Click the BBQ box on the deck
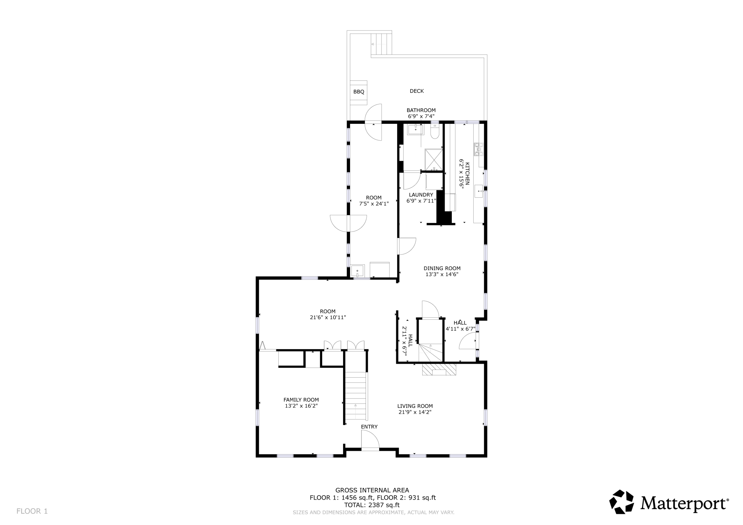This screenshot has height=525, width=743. click(x=359, y=93)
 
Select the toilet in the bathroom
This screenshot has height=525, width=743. click(x=435, y=131)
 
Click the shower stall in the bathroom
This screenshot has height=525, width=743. click(x=434, y=159)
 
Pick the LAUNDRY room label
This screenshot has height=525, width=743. click(x=421, y=195)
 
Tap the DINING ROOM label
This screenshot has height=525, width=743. click(x=442, y=268)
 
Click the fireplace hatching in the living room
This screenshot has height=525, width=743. click(x=439, y=369)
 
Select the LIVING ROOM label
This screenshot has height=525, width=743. click(x=415, y=406)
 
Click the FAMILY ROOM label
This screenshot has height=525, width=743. click(x=301, y=400)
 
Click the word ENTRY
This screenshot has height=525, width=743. click(x=369, y=427)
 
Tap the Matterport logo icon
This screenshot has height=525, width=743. click(x=622, y=502)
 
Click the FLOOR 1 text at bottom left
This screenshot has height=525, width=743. click(x=32, y=511)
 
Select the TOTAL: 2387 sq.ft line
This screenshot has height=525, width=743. click(x=372, y=505)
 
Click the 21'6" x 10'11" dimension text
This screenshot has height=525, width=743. click(x=328, y=317)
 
